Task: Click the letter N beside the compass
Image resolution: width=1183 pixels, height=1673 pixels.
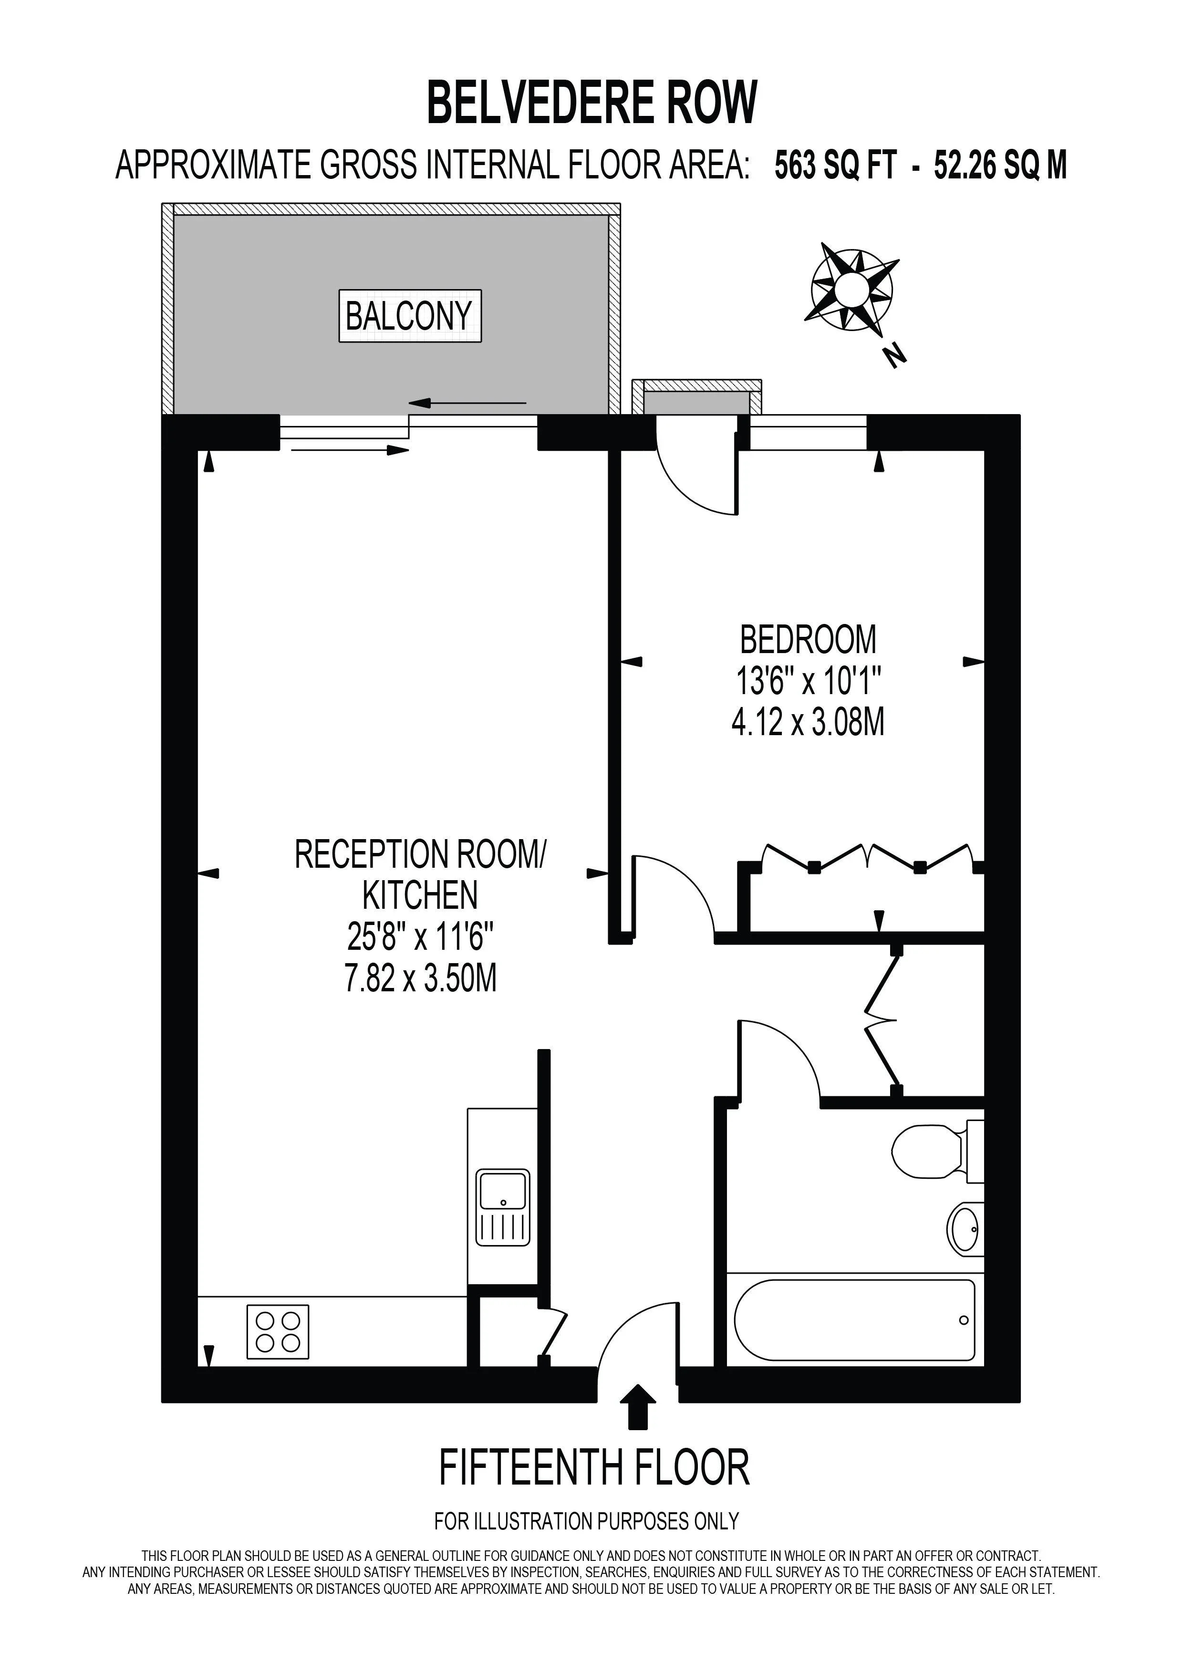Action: [894, 355]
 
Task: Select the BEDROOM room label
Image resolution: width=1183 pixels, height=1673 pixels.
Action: [808, 640]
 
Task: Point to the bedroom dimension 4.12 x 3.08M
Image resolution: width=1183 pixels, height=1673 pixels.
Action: [808, 723]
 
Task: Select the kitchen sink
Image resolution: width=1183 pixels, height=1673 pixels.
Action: [503, 1208]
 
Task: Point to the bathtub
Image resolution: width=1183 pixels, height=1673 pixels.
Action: [854, 1320]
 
